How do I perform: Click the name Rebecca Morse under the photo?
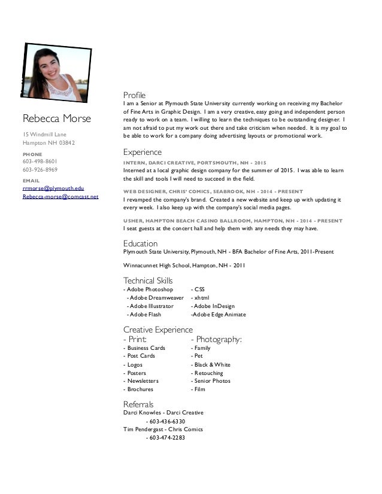point(56,118)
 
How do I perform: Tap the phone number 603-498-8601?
point(40,161)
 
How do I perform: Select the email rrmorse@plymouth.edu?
point(53,188)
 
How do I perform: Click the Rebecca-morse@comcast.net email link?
point(60,196)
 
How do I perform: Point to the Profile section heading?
point(134,95)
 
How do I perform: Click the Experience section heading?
point(142,152)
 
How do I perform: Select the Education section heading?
point(140,243)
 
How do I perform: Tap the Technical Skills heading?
point(147,280)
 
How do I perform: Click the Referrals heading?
point(138,404)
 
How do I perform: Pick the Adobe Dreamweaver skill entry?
point(155,297)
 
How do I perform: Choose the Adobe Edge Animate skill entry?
point(218,314)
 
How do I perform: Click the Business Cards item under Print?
point(144,347)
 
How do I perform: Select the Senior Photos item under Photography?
point(210,381)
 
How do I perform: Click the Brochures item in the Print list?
point(139,389)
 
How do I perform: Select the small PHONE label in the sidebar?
point(32,154)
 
